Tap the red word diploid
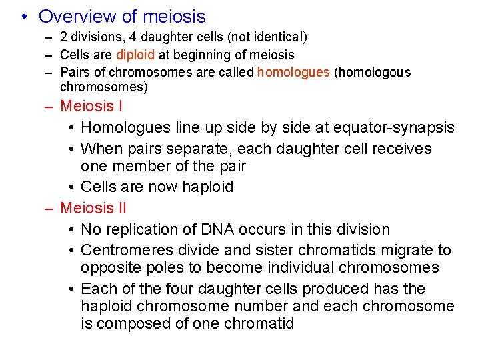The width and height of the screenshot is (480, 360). click(136, 55)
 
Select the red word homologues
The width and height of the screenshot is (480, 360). click(293, 72)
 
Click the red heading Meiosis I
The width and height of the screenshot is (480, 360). click(91, 106)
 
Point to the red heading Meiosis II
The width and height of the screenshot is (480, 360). click(93, 208)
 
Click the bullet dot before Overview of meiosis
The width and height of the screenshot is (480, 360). click(23, 17)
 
